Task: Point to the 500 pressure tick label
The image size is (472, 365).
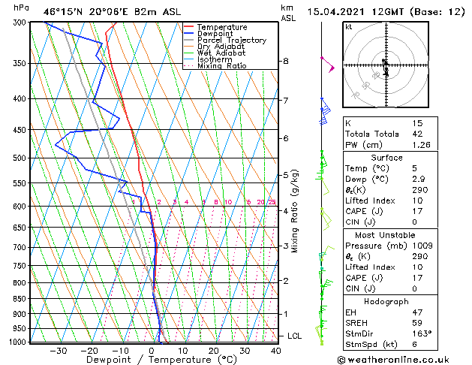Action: [x=19, y=158]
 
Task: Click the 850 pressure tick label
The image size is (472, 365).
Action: [x=19, y=299]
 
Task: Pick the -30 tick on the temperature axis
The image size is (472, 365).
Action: [x=58, y=351]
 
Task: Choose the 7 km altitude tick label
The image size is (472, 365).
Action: [x=286, y=100]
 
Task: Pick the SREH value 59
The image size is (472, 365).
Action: [x=417, y=323]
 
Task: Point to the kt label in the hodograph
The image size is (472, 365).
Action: [x=349, y=26]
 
